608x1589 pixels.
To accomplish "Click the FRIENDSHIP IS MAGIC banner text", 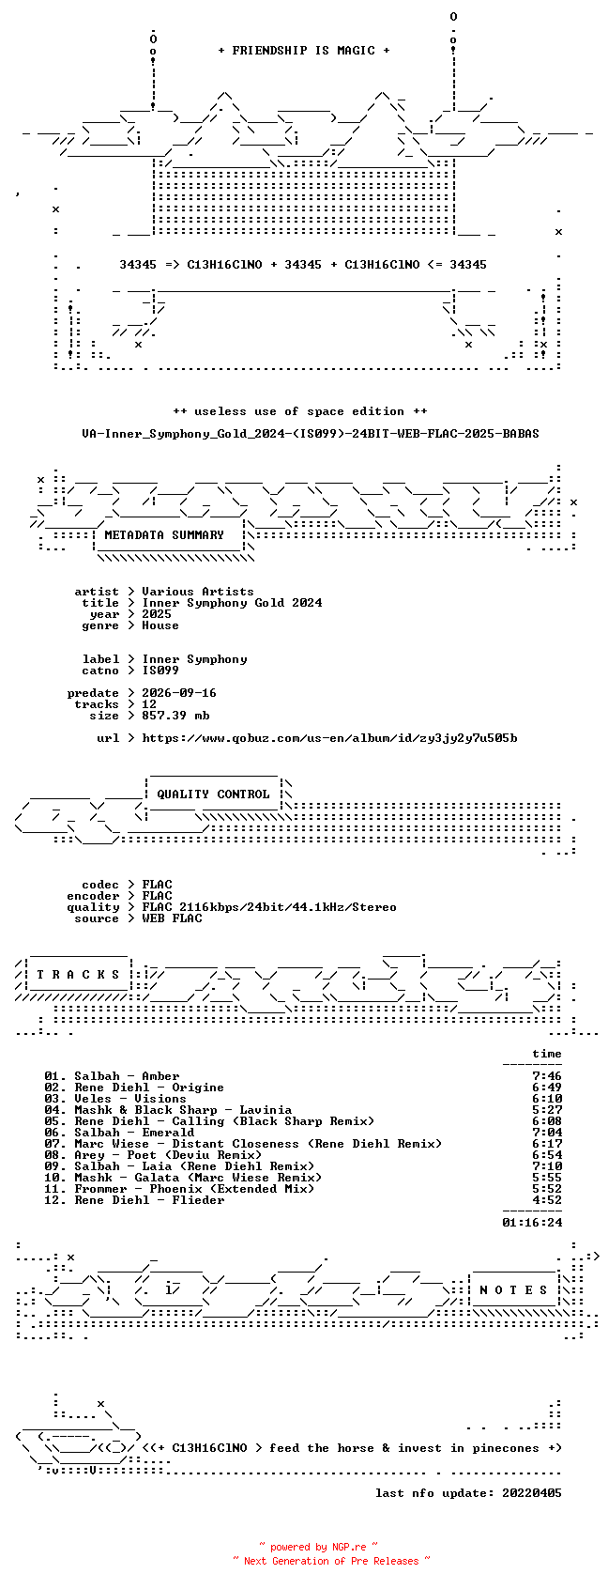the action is tap(303, 51).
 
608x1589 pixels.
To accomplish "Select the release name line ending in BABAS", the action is tap(311, 434).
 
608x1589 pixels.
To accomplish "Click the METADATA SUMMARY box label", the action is tap(163, 535).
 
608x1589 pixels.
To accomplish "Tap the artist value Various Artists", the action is tap(198, 592).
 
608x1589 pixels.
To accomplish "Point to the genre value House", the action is tap(160, 625).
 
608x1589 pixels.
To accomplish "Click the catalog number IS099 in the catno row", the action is tap(160, 671).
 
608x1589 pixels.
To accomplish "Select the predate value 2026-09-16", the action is tap(179, 693).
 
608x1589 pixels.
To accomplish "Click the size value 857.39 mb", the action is tap(175, 716).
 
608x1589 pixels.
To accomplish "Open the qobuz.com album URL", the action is tap(329, 738).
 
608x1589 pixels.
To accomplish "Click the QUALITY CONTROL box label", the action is tap(213, 794).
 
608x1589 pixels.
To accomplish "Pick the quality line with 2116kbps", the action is tap(269, 907).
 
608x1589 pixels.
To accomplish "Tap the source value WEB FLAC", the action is tap(172, 918).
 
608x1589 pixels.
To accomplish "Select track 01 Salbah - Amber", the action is tap(112, 1076).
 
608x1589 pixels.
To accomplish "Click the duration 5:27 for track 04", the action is tap(546, 1110).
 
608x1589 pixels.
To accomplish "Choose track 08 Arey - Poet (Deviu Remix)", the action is tap(152, 1155).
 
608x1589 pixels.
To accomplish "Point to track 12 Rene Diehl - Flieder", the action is tap(134, 1200).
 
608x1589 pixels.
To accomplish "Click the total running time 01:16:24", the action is tap(531, 1223).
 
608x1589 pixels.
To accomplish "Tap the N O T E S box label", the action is tap(513, 1290).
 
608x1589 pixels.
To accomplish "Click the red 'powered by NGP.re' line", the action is tap(318, 1547).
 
